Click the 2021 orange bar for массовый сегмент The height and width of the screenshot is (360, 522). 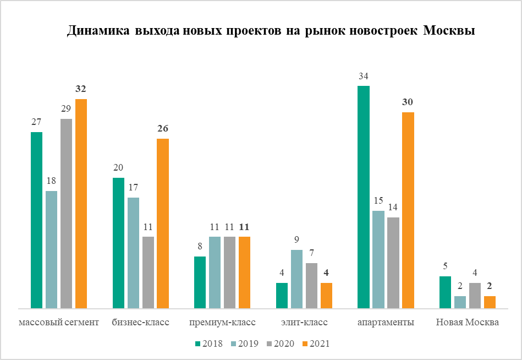point(81,204)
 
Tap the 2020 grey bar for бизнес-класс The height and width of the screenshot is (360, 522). point(148,272)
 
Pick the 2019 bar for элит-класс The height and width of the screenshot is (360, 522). point(296,279)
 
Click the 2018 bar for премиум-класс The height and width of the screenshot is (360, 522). point(200,282)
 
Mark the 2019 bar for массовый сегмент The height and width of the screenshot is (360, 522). point(51,249)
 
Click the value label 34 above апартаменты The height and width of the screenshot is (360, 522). point(363,77)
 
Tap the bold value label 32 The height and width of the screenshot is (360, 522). point(81,89)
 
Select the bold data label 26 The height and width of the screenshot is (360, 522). point(162,129)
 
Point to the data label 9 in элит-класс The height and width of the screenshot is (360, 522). point(296,240)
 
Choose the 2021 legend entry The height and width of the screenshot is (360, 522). point(315,343)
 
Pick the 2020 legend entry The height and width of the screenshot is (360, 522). point(279,343)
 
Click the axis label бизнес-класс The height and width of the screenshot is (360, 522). point(141,323)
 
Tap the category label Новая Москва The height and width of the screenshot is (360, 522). point(468,323)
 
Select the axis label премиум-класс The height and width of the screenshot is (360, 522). point(222,323)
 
